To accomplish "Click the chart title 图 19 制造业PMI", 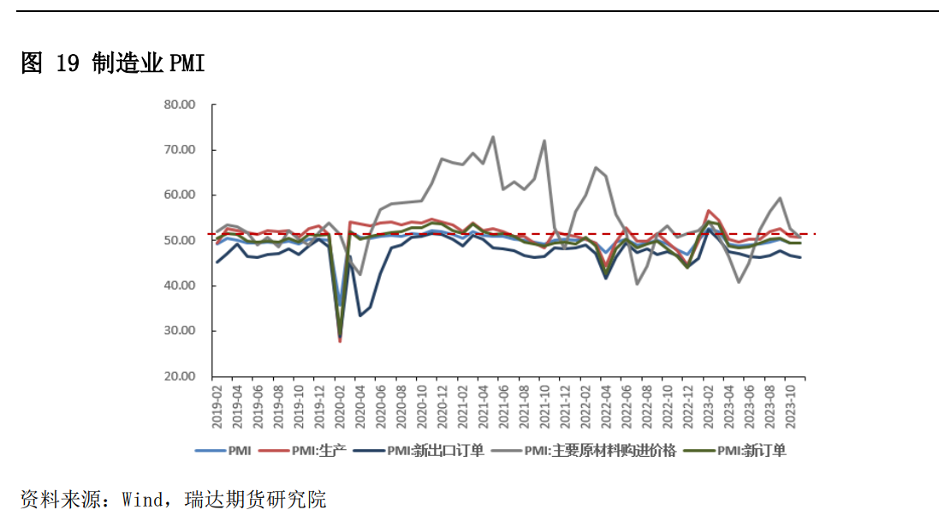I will [x=113, y=63].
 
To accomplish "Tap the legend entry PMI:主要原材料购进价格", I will [x=599, y=450].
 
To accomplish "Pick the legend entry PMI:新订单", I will [x=752, y=450].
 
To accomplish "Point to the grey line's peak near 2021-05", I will [x=493, y=136].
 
